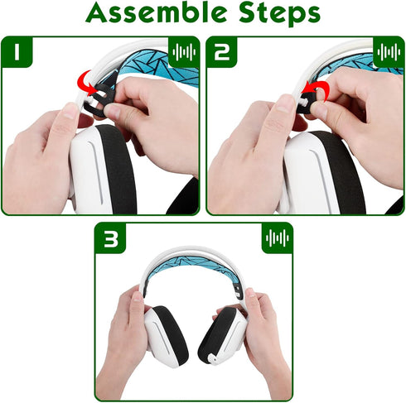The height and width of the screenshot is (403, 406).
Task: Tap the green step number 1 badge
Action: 18,53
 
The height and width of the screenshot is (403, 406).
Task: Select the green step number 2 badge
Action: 223,53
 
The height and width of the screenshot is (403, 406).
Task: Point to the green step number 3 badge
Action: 111,239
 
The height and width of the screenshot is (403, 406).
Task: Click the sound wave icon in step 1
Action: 184,53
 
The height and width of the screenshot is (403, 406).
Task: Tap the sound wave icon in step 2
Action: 389,53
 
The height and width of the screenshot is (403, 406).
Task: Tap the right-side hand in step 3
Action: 261,331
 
